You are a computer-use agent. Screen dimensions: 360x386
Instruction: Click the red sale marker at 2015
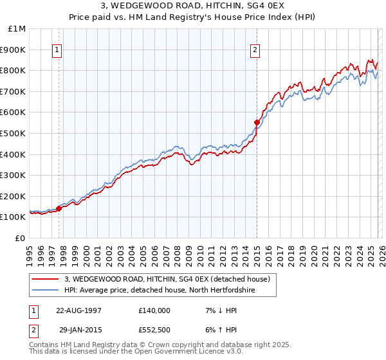[x=257, y=122]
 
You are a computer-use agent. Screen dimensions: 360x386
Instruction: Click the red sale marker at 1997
[x=59, y=208]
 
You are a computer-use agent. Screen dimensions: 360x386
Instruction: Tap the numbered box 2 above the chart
[x=255, y=50]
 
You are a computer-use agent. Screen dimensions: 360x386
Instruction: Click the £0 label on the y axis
[x=21, y=238]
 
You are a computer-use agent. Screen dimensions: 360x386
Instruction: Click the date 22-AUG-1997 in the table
[x=78, y=310]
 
